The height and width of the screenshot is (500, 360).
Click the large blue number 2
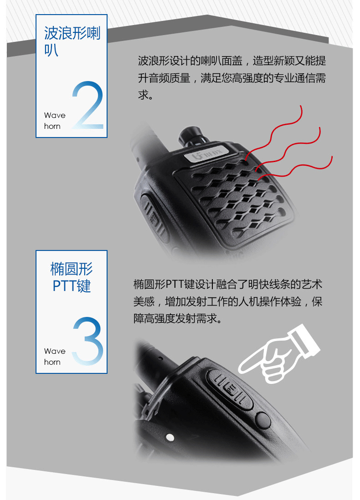pyautogui.click(x=88, y=105)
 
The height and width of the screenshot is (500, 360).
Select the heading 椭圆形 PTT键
pyautogui.click(x=72, y=277)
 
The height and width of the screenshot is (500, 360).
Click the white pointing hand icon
pyautogui.click(x=279, y=354)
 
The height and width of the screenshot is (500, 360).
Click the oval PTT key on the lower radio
pyautogui.click(x=230, y=389)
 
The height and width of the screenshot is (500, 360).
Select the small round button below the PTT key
pyautogui.click(x=263, y=420)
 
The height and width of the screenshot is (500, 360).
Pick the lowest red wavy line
pyautogui.click(x=295, y=168)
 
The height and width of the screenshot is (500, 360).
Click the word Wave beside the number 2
pyautogui.click(x=55, y=115)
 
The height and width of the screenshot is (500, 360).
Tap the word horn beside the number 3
pyautogui.click(x=52, y=362)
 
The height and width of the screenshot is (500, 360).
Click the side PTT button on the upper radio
pyautogui.click(x=154, y=216)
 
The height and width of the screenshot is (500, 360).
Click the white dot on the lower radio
pyautogui.click(x=170, y=437)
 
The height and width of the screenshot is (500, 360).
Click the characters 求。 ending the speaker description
pyautogui.click(x=146, y=95)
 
